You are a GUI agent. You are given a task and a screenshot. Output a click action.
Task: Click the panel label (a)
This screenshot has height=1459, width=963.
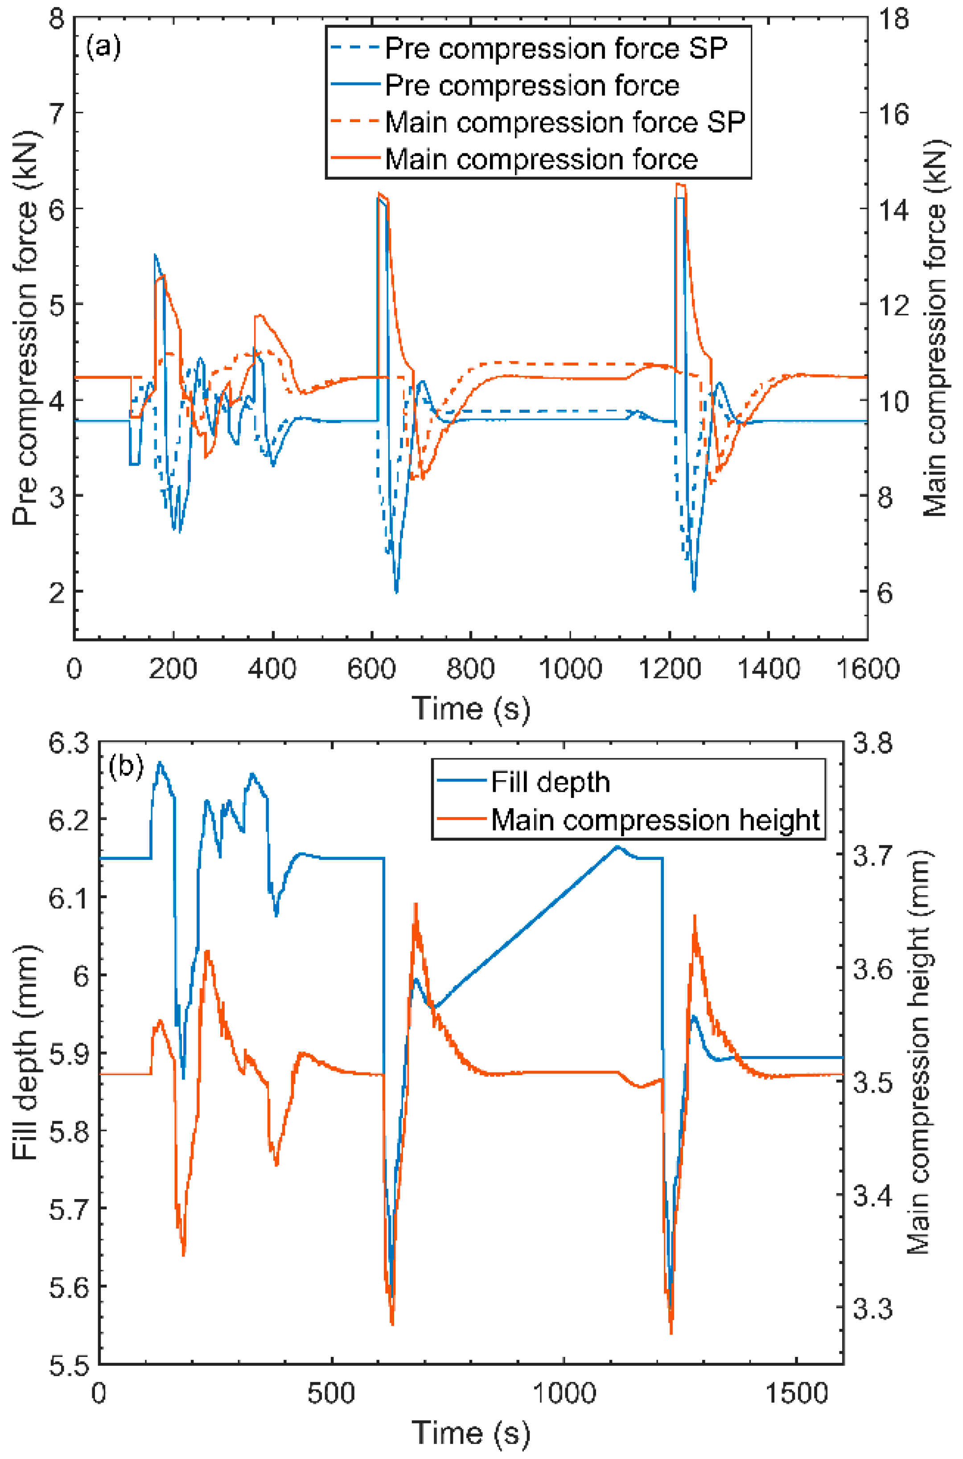[103, 47]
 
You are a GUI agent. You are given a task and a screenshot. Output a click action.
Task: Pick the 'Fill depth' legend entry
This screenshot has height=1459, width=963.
[550, 782]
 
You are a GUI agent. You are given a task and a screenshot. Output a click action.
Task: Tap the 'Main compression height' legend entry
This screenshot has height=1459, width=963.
[654, 820]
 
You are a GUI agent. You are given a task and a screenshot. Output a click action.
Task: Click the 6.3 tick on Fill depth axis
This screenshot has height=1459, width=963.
[69, 743]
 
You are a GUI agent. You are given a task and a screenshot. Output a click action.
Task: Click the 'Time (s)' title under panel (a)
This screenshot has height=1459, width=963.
[470, 708]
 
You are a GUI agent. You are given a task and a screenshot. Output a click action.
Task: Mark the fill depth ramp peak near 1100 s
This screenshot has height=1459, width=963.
[617, 846]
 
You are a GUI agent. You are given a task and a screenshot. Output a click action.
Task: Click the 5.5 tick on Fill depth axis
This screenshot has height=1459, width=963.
[69, 1364]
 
